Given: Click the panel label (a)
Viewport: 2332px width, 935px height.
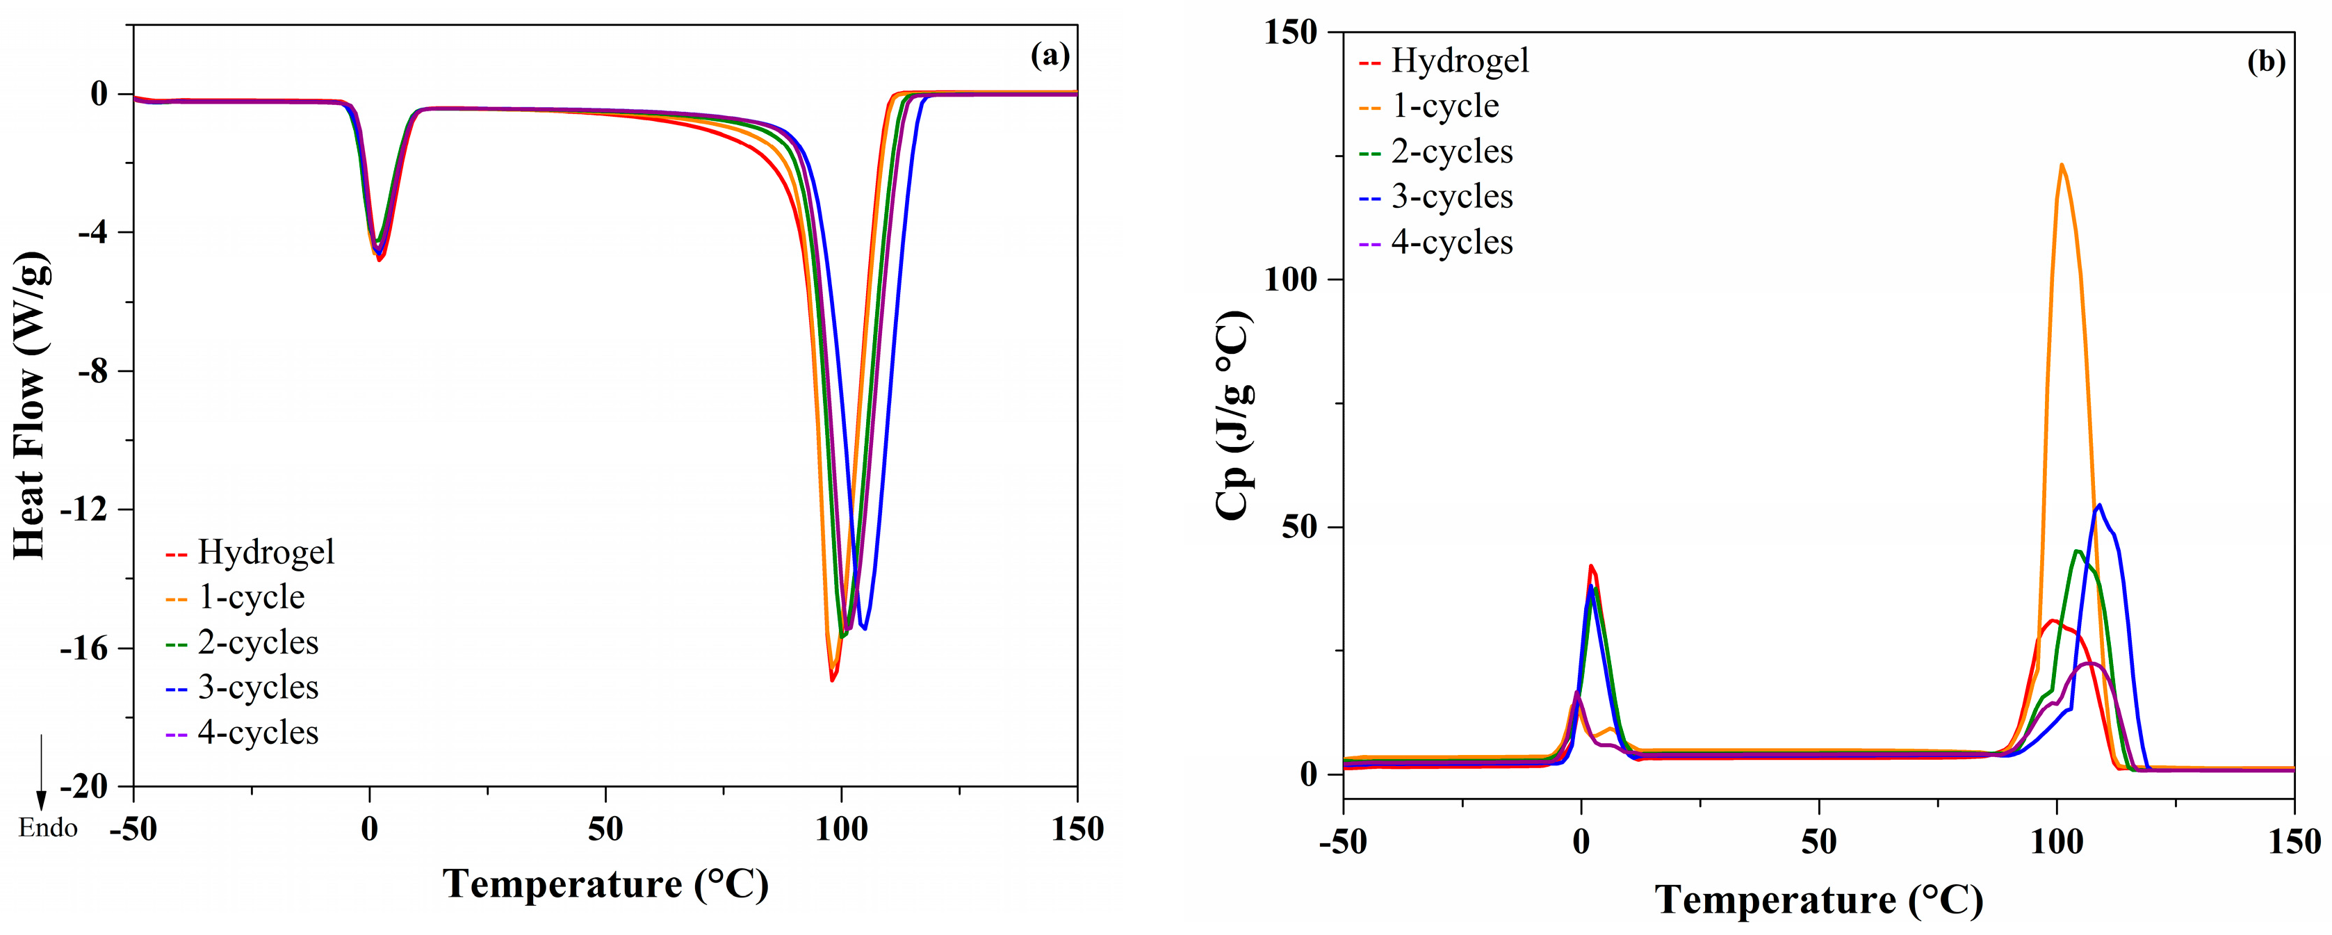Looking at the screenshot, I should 1050,56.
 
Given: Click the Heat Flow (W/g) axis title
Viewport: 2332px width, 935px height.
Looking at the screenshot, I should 30,405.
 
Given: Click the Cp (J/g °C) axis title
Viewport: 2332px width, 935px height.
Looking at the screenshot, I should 1234,416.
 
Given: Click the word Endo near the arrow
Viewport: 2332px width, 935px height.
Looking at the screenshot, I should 48,828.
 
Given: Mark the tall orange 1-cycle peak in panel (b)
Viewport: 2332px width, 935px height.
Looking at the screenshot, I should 2062,165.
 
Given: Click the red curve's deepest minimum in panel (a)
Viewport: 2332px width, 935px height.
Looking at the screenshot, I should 832,680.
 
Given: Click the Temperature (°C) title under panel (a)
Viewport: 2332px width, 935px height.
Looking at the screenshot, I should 605,884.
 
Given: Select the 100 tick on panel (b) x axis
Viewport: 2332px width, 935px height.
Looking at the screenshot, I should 2057,842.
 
